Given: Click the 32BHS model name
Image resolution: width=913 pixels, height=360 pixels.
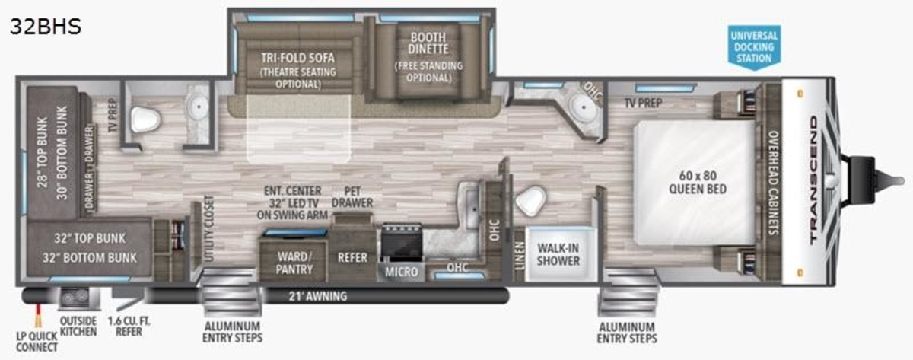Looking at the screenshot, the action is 46,26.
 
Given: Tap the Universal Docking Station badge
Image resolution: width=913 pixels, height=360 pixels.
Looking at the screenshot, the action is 754,47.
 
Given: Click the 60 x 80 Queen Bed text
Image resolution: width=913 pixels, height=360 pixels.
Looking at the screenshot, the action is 698,182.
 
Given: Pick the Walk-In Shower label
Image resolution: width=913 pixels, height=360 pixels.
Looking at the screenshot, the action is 558,254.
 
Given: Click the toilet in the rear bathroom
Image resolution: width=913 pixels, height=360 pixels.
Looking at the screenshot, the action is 145,119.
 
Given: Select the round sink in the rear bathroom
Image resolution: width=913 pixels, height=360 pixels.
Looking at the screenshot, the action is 199,107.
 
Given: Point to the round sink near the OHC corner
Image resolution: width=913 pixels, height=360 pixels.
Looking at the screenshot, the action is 584,107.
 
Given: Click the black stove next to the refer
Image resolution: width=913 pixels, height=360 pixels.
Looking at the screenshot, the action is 402,242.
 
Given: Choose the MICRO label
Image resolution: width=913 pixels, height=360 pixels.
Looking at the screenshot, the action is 402,272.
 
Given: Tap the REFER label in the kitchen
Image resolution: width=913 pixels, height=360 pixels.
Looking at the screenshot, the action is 352,258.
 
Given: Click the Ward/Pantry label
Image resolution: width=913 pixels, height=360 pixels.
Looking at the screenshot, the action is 294,263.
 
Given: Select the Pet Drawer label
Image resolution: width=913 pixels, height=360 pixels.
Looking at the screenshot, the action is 352,197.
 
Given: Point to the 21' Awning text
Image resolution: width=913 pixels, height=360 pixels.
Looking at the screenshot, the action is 318,296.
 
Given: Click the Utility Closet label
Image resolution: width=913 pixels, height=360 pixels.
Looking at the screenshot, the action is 208,229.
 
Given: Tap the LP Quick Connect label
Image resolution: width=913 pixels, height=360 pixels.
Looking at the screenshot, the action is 37,342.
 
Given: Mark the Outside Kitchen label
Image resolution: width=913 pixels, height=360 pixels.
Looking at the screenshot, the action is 78,327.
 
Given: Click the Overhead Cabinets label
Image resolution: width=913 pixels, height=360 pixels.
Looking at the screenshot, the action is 774,183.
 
